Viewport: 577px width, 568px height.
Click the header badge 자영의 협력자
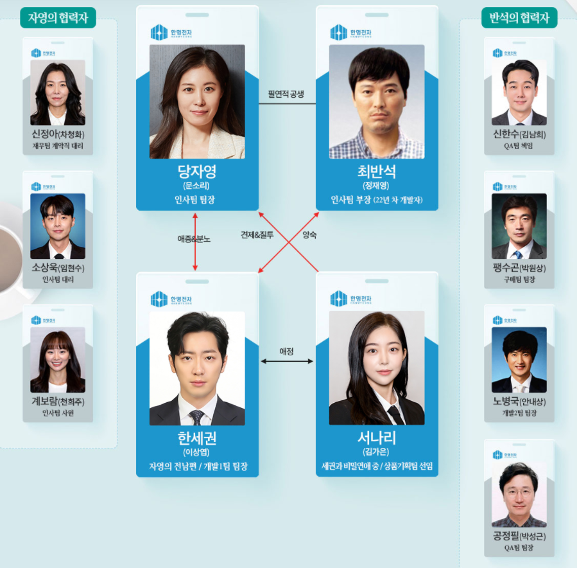(58, 17)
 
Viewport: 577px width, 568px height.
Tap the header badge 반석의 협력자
(519, 17)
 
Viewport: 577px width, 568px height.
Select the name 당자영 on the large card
(197, 172)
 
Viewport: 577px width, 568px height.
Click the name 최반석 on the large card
(377, 172)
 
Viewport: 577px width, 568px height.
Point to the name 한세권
(197, 438)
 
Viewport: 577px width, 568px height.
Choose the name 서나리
(377, 438)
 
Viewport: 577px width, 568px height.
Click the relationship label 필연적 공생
(286, 94)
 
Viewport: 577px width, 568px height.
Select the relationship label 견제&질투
(257, 235)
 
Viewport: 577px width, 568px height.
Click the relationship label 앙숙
(309, 235)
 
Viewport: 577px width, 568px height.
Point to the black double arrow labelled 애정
(287, 361)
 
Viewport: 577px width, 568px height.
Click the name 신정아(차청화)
(58, 135)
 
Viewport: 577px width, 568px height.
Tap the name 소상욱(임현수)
(58, 268)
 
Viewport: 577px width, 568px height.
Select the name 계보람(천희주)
(58, 402)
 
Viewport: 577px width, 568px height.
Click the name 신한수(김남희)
(519, 135)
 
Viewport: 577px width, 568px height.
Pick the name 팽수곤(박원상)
(519, 268)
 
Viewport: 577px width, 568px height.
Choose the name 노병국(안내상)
(519, 402)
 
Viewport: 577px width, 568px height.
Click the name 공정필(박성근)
(519, 537)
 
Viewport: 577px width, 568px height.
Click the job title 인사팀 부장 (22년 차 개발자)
(377, 200)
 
